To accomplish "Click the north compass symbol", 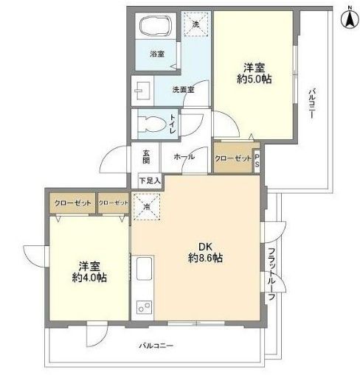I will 347,18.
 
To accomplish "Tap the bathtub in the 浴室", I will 155,27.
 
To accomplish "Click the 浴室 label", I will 156,54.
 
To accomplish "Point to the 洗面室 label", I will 182,90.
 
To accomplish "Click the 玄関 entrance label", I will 146,158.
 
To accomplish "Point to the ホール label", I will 183,158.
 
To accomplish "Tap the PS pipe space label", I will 257,160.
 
